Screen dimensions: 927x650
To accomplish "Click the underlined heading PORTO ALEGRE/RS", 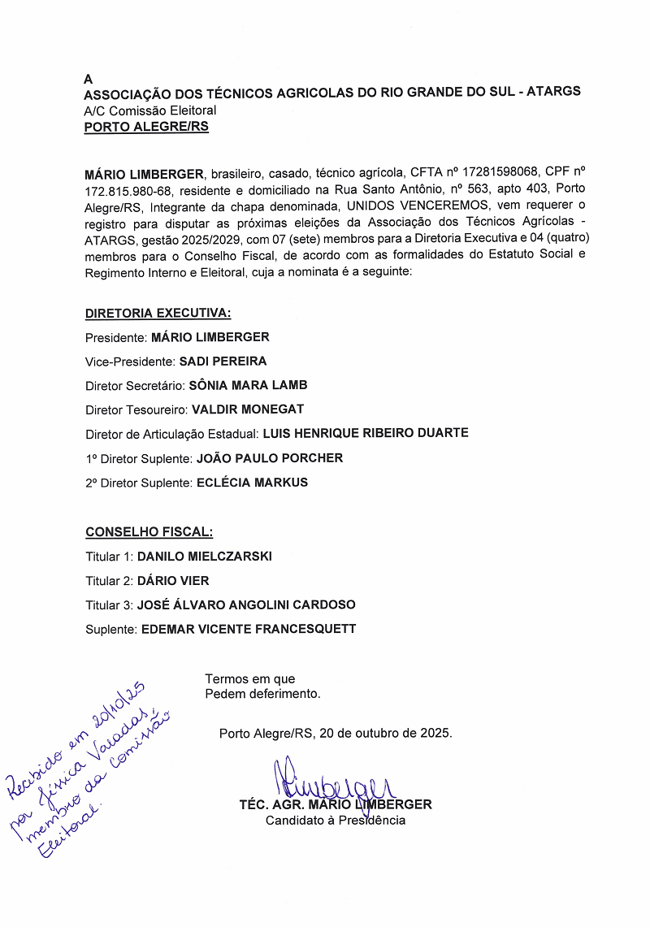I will (146, 127).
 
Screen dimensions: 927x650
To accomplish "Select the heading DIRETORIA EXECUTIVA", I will (158, 313).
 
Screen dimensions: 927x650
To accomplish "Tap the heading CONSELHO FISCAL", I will (149, 532).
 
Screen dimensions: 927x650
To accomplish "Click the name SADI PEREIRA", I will (223, 361).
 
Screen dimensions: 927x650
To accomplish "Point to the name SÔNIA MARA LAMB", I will (242, 385).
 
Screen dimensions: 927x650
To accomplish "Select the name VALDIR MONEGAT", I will (247, 409).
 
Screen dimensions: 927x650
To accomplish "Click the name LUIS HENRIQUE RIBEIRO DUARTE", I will (365, 433).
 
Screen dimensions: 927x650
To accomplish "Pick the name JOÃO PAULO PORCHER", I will (270, 458).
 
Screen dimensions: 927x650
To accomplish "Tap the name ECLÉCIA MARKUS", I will (252, 483).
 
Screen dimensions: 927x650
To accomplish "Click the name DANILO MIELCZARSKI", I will (204, 557).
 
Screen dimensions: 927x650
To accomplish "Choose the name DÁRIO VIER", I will (173, 581).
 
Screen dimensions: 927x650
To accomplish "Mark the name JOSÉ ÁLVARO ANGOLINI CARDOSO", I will (246, 605).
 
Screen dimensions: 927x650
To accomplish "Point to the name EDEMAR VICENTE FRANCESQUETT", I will (249, 629).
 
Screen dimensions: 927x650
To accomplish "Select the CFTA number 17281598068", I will (492, 173).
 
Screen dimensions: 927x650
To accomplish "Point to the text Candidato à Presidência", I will (336, 821).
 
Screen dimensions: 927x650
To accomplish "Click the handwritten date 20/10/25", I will (119, 707).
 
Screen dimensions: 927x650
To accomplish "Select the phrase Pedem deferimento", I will (262, 694).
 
